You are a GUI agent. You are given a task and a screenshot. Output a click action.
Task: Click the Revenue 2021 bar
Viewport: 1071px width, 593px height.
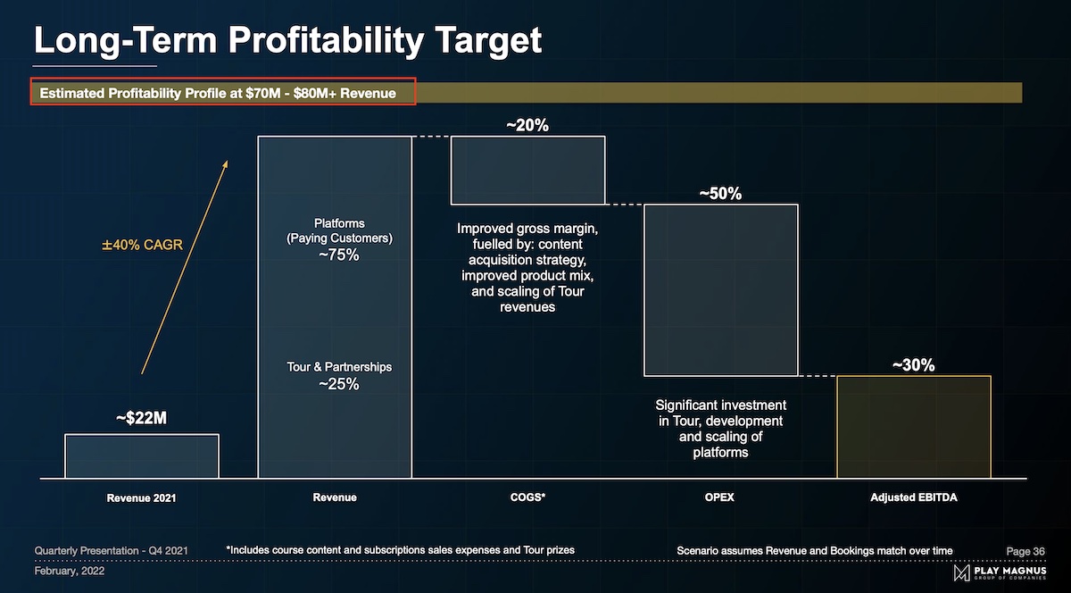pyautogui.click(x=142, y=456)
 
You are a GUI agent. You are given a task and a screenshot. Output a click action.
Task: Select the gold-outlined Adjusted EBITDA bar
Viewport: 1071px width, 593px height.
pyautogui.click(x=913, y=427)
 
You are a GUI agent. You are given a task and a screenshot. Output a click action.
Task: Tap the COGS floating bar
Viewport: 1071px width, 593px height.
pyautogui.click(x=527, y=170)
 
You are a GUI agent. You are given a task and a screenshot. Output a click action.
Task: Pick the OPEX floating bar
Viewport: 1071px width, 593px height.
pyautogui.click(x=720, y=289)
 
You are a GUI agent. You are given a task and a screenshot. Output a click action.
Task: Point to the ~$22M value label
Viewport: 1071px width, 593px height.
pyautogui.click(x=141, y=419)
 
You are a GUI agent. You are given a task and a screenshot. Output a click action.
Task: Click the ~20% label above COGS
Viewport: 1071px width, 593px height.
pyautogui.click(x=527, y=126)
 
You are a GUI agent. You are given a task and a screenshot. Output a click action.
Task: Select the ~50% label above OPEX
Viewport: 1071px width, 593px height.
pyautogui.click(x=720, y=194)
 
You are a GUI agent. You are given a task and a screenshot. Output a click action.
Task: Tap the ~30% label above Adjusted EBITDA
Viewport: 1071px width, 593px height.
pyautogui.click(x=913, y=365)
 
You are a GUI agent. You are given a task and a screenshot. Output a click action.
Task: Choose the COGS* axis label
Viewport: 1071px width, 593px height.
pyautogui.click(x=527, y=497)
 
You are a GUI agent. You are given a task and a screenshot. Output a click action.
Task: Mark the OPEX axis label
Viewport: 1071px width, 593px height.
pyautogui.click(x=719, y=497)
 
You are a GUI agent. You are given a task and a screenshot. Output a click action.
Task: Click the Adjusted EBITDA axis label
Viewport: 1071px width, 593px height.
pyautogui.click(x=913, y=497)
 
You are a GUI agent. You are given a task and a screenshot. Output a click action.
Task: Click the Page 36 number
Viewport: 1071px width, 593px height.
pyautogui.click(x=1025, y=551)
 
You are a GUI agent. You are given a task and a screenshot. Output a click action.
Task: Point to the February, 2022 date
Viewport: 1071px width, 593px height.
pyautogui.click(x=70, y=571)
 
